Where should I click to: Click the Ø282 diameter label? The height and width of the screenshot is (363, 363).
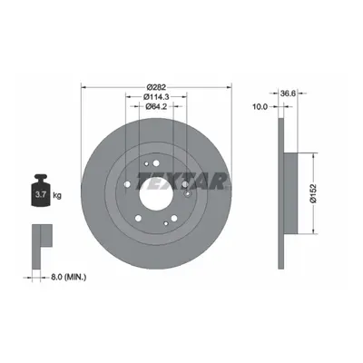pyautogui.click(x=156, y=87)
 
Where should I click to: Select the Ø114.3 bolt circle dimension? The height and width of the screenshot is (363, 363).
pyautogui.click(x=156, y=97)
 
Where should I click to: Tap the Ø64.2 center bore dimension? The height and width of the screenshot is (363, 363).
pyautogui.click(x=156, y=106)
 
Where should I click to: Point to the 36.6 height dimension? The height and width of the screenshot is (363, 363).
pyautogui.click(x=288, y=93)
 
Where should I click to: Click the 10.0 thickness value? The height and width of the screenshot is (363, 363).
pyautogui.click(x=260, y=106)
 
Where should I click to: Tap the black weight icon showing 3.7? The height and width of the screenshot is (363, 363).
pyautogui.click(x=41, y=191)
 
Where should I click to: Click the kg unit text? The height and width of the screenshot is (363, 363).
pyautogui.click(x=57, y=195)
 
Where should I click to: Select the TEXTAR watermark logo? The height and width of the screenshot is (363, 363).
pyautogui.click(x=183, y=181)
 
